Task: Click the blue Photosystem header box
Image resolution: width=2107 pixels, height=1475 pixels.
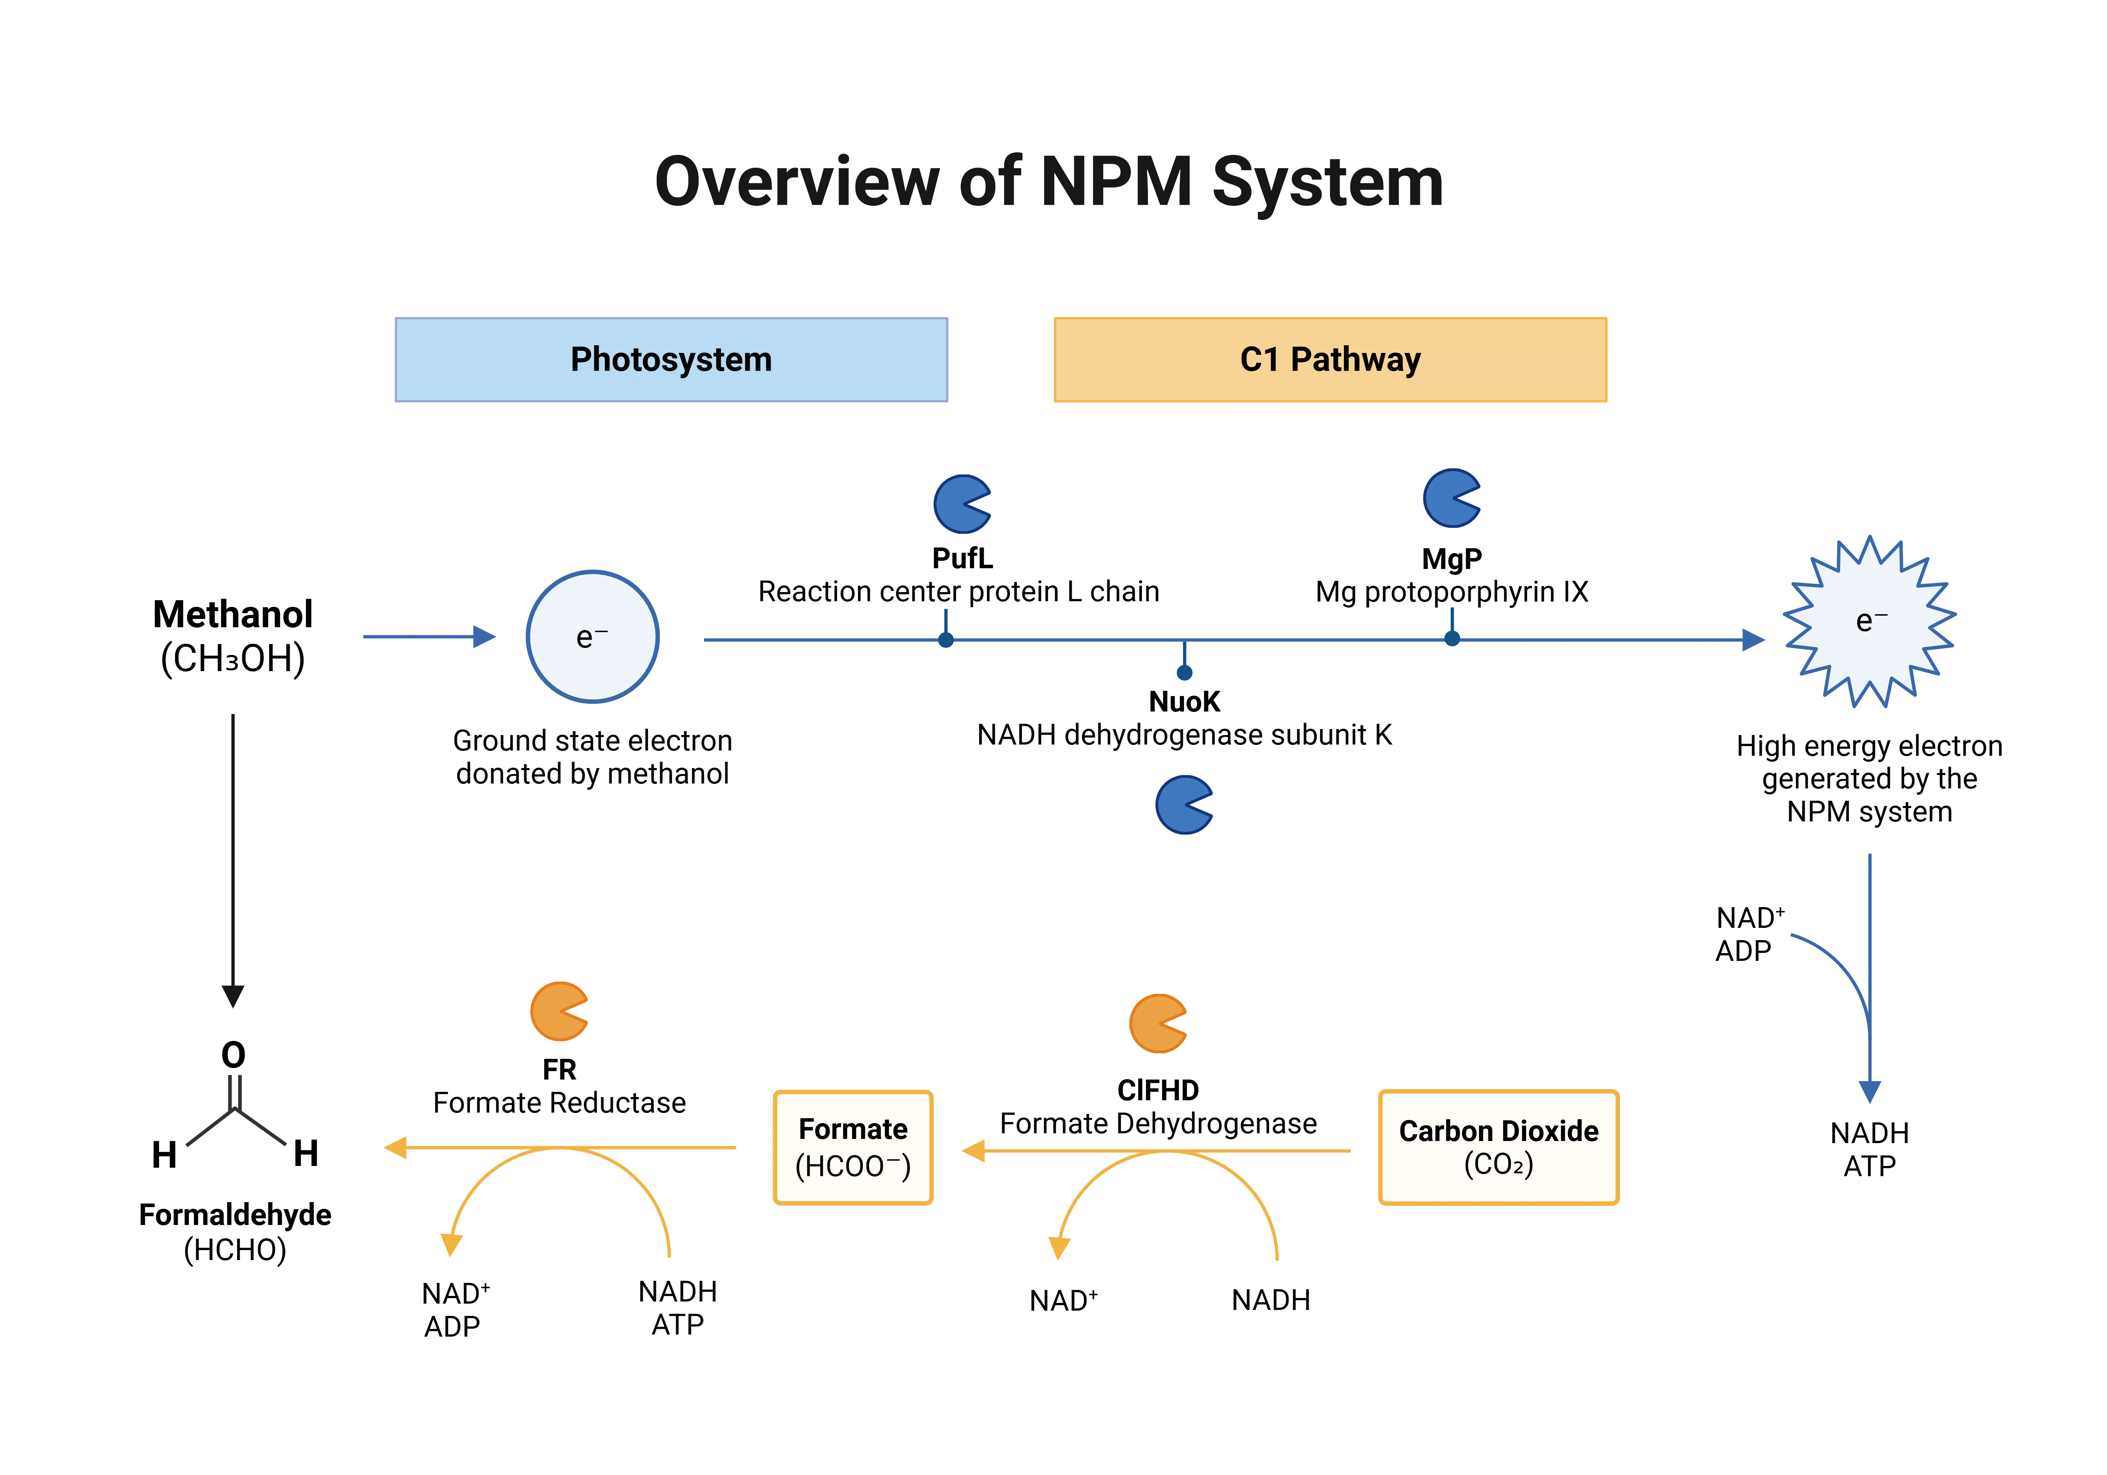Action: pyautogui.click(x=671, y=360)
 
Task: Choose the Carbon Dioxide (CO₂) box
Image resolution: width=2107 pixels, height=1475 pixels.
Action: pyautogui.click(x=1498, y=1147)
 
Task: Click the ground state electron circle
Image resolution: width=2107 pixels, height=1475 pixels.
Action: pyautogui.click(x=593, y=637)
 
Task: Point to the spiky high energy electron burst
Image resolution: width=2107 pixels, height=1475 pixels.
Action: pyautogui.click(x=1869, y=621)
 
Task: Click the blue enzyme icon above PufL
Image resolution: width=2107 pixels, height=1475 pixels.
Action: pyautogui.click(x=962, y=504)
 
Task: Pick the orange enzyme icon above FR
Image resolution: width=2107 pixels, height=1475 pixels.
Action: pyautogui.click(x=559, y=1011)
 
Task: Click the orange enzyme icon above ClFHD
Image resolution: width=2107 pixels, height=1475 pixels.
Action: pyautogui.click(x=1158, y=1023)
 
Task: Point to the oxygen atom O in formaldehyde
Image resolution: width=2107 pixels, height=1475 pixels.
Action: pyautogui.click(x=234, y=1055)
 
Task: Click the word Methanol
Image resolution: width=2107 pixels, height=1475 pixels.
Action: pyautogui.click(x=233, y=614)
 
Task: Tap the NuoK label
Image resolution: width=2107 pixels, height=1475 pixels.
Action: pyautogui.click(x=1184, y=702)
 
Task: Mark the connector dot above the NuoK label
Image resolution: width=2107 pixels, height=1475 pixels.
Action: pyautogui.click(x=1185, y=673)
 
